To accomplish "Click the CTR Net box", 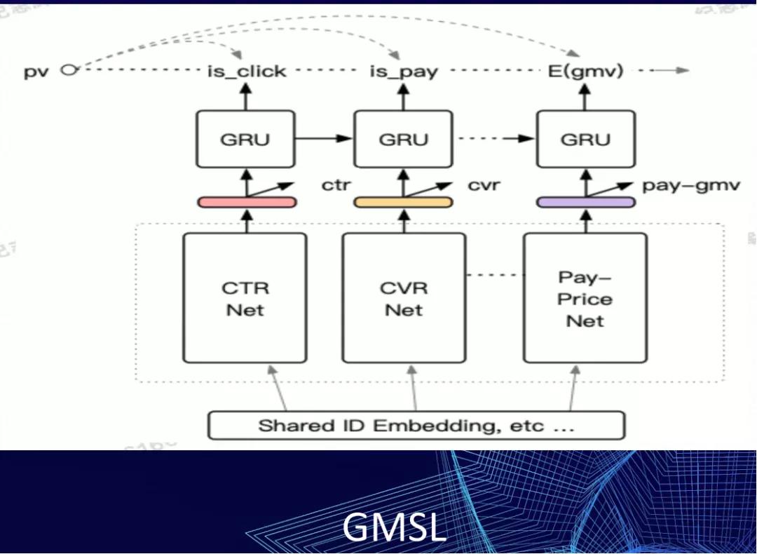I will [245, 298].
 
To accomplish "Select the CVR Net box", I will [404, 298].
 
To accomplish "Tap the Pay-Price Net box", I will [585, 298].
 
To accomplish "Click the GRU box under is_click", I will [245, 139].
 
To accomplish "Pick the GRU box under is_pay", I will [404, 139].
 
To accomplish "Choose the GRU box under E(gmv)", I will [585, 139].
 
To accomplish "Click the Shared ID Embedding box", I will [416, 426].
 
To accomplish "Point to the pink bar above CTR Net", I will [247, 202].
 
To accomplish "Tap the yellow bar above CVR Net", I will [403, 202].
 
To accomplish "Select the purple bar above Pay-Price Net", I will [586, 202].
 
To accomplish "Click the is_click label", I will [245, 71].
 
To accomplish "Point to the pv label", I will [36, 71].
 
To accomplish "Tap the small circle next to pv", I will [67, 69].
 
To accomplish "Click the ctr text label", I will [336, 186].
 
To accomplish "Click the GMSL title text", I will [394, 527].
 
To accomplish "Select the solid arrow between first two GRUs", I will [323, 139].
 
